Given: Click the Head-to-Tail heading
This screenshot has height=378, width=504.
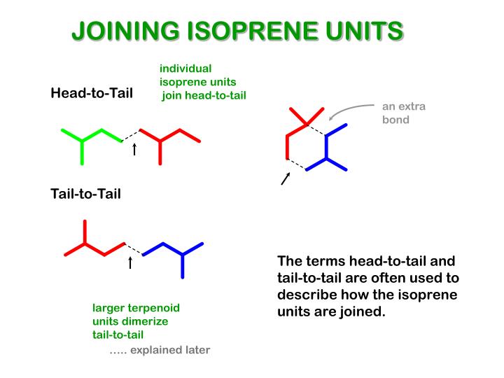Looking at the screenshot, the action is (92, 93).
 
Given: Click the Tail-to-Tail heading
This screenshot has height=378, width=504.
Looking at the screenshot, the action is (85, 193).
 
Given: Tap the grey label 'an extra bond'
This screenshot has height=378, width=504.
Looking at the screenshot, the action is (403, 113).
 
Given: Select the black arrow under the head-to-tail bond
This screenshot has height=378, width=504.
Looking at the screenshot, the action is (134, 149).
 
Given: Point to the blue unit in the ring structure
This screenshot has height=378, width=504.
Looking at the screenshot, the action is (328, 148).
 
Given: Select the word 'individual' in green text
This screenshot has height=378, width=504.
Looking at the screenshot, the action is (185, 69).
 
